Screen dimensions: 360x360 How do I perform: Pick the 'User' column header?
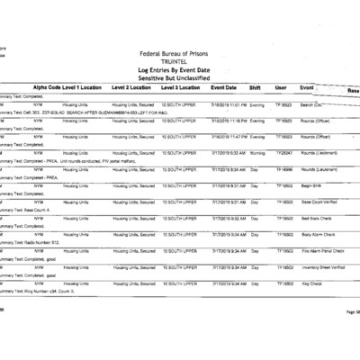click(x=281, y=88)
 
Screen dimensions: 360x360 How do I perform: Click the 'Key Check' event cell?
click(x=310, y=283)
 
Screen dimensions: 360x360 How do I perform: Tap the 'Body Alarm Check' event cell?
click(x=316, y=234)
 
